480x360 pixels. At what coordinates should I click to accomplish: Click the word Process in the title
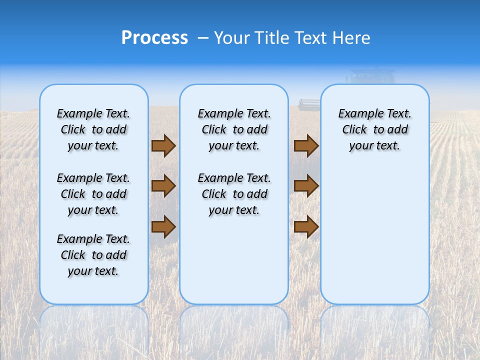(154, 37)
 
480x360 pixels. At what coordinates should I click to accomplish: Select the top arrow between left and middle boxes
(163, 146)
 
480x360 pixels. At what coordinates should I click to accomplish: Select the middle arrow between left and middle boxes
(163, 186)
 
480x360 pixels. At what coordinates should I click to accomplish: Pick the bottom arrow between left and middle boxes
(163, 227)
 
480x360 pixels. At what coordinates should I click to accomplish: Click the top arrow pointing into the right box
(306, 146)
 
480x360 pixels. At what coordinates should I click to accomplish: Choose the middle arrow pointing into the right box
(306, 186)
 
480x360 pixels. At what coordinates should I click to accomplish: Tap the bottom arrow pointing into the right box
(306, 227)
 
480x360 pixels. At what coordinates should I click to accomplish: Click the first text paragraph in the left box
(93, 129)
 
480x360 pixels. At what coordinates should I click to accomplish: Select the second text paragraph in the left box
(93, 194)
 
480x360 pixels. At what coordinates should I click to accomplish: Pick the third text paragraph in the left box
(93, 255)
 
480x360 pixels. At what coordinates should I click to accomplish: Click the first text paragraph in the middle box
(234, 129)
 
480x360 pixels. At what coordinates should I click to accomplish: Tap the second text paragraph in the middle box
(234, 194)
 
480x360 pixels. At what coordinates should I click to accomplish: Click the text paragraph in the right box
(374, 129)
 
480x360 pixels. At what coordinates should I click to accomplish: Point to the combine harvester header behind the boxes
(309, 104)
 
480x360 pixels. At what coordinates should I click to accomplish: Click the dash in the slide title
(203, 38)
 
